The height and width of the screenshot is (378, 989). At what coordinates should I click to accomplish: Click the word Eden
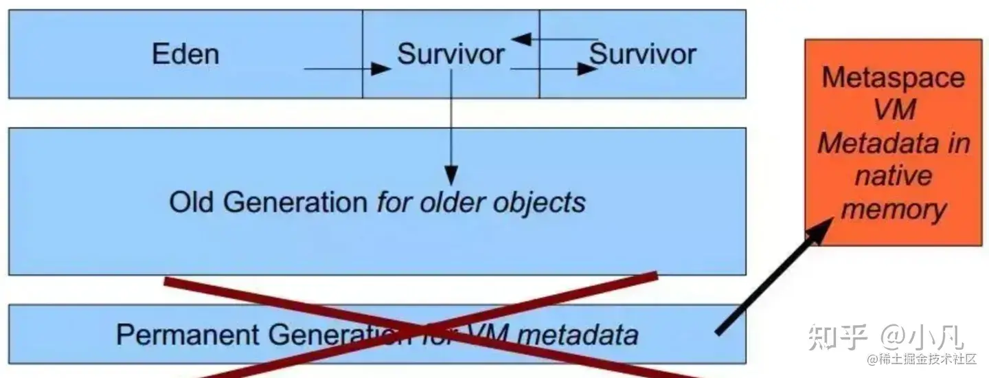pyautogui.click(x=185, y=54)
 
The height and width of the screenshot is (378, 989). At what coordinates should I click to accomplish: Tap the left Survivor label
pyautogui.click(x=451, y=54)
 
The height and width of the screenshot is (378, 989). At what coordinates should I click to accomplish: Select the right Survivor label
pyautogui.click(x=643, y=54)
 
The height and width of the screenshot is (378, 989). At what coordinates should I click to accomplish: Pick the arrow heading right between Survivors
pyautogui.click(x=554, y=69)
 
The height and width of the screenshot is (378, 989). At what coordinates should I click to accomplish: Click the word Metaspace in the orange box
pyautogui.click(x=893, y=77)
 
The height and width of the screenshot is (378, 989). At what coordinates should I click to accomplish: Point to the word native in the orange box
pyautogui.click(x=893, y=176)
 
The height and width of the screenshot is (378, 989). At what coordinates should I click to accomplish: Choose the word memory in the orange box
pyautogui.click(x=893, y=209)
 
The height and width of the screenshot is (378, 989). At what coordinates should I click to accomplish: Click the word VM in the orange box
pyautogui.click(x=893, y=110)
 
